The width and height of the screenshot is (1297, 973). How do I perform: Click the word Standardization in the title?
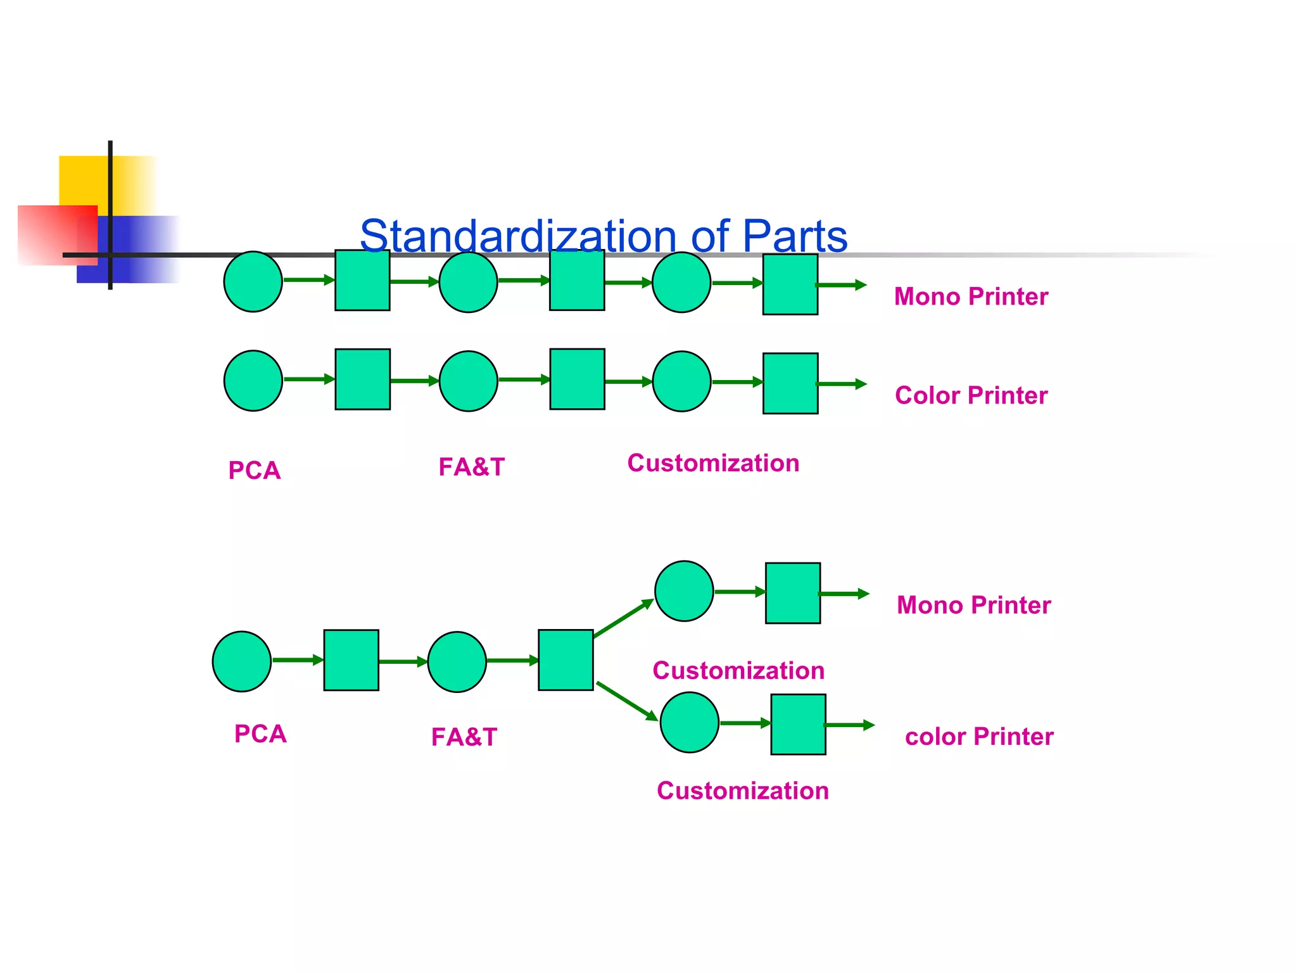pos(518,236)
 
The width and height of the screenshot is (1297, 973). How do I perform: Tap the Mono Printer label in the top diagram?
pos(970,296)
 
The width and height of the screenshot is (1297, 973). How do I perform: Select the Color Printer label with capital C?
pos(970,395)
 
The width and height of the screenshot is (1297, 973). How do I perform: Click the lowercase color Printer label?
pos(978,736)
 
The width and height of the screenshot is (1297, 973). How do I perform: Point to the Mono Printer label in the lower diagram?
pos(973,605)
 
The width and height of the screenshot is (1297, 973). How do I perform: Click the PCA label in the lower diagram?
pos(260,734)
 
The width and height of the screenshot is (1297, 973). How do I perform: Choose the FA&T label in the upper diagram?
pos(471,467)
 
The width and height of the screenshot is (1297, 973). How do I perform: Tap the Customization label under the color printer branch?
pos(742,791)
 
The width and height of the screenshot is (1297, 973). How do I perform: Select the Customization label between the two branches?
pos(738,670)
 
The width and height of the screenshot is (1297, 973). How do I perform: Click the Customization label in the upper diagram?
pos(712,463)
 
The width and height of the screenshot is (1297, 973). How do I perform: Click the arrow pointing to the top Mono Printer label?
pos(841,285)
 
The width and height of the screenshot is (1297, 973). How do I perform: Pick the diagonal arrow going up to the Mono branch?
pos(623,618)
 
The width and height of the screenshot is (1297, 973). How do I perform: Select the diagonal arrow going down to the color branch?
pos(627,701)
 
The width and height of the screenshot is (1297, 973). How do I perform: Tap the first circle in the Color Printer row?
pos(253,381)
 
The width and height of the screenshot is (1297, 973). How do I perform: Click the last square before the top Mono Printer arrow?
pos(790,284)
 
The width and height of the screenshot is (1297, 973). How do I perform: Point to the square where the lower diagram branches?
pos(566,659)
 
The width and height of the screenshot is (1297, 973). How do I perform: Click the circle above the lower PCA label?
pos(241,661)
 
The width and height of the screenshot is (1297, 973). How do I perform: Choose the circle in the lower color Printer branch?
pos(689,722)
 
